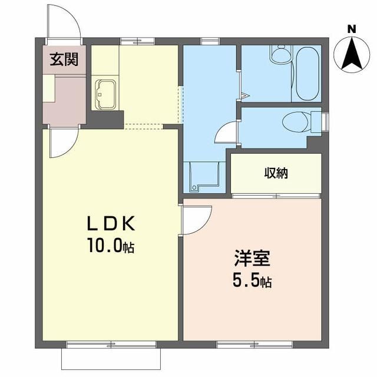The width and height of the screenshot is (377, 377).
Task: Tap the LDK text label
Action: coord(111,224)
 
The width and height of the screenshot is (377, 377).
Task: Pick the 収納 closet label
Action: coord(275,173)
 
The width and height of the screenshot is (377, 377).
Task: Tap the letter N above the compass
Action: coord(352,28)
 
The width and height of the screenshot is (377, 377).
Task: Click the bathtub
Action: coord(306,75)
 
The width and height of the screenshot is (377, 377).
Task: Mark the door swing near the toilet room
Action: coord(226,134)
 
